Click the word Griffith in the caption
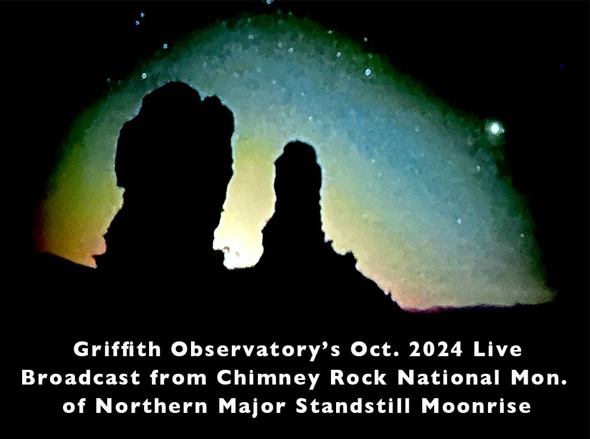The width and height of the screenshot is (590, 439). click(117, 349)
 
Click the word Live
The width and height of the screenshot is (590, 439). click(498, 349)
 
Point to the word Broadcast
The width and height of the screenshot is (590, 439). click(81, 378)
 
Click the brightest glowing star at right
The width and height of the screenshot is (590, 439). click(494, 129)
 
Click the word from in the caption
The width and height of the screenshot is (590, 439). click(179, 378)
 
